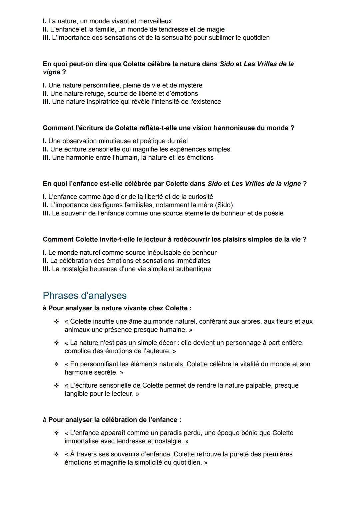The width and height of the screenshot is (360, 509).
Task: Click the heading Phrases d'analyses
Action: (85, 296)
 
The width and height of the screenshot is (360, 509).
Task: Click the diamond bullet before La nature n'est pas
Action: (56, 343)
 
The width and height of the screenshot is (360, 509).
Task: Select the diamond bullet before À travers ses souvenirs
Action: (56, 454)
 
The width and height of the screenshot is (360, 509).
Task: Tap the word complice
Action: (77, 351)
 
